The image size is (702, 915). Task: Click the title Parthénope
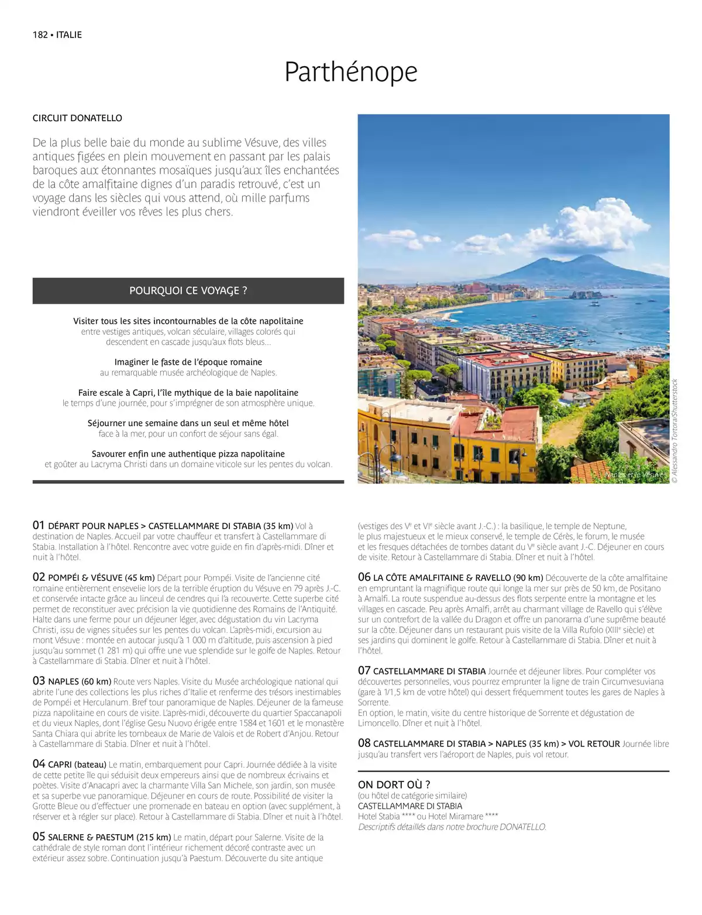[x=350, y=72]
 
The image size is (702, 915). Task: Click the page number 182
[x=40, y=35]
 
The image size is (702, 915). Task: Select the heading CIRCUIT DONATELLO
[x=77, y=118]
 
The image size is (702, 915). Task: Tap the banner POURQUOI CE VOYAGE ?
[x=188, y=290]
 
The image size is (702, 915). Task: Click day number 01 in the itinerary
[x=39, y=525]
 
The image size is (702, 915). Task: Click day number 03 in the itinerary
[x=39, y=681]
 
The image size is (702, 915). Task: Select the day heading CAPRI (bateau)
[x=77, y=764]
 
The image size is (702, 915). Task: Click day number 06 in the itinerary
[x=364, y=577]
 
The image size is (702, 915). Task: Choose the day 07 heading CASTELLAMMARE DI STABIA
[x=429, y=671]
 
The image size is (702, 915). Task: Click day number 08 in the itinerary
[x=364, y=743]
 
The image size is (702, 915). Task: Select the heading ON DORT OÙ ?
[x=394, y=784]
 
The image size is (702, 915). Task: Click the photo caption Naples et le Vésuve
[x=634, y=475]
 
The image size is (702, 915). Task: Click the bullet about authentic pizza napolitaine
[x=188, y=454]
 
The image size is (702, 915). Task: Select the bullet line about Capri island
[x=188, y=393]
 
